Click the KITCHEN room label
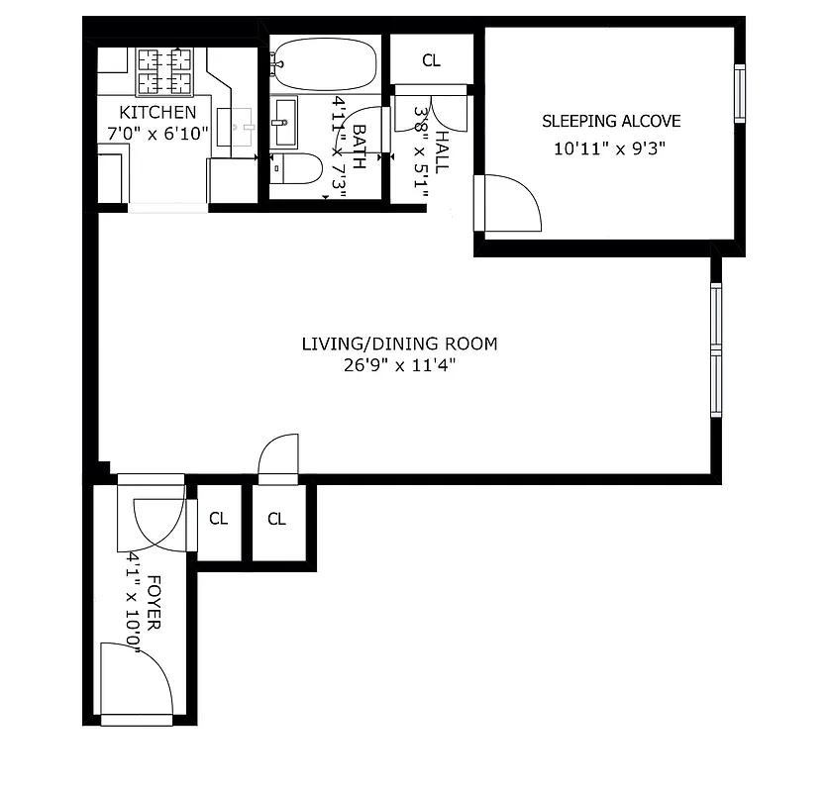tap(157, 112)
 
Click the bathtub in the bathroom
tap(324, 64)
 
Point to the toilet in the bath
tap(297, 170)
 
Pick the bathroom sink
tap(285, 123)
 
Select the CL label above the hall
tap(431, 61)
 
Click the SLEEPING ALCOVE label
tap(611, 121)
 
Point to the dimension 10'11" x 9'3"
tap(608, 149)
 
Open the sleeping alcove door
tap(507, 204)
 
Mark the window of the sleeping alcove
tap(738, 93)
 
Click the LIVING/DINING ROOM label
tap(399, 344)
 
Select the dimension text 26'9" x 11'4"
tap(399, 365)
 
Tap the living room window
tap(716, 348)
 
